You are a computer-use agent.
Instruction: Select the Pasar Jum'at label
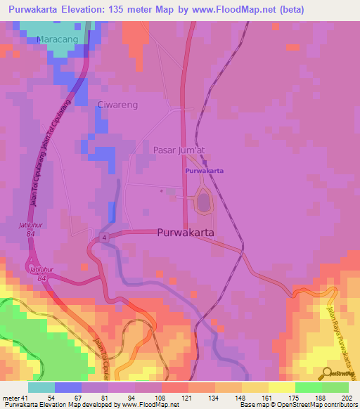[179, 150]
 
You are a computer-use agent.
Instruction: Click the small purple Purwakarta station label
[204, 171]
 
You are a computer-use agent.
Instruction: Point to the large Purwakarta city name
[186, 232]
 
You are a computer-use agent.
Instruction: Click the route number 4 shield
[103, 239]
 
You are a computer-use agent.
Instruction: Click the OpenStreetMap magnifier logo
[328, 372]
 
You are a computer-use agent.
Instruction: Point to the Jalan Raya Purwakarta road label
[341, 337]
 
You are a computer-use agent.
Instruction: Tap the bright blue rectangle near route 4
[112, 211]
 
